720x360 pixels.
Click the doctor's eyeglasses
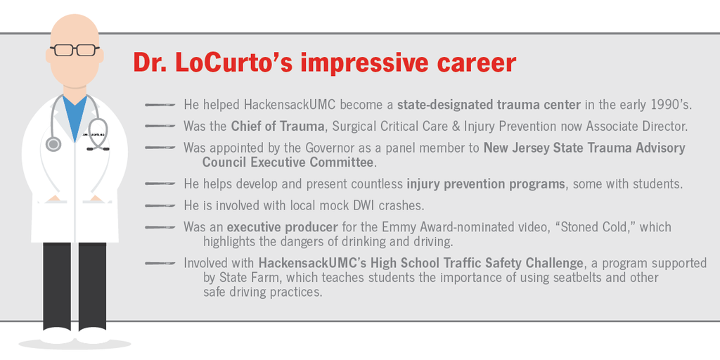click(74, 50)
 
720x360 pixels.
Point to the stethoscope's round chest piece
click(53, 144)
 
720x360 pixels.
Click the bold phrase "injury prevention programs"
click(486, 184)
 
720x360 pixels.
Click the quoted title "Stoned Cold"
click(574, 227)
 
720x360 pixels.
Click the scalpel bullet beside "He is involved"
click(160, 205)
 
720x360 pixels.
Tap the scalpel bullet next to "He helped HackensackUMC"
click(160, 105)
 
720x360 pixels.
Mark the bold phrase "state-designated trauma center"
click(489, 105)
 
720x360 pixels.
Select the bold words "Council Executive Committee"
click(288, 162)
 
